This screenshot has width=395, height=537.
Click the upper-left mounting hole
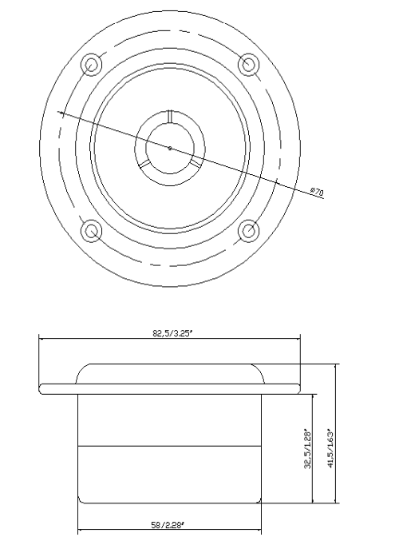pos(92,64)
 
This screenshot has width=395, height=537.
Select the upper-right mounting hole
pos(248,64)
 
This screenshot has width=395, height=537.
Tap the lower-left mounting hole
pos(92,232)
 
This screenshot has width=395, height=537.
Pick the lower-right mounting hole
pos(248,232)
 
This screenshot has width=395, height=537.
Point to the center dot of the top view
pos(170,148)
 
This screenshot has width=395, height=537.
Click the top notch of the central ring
pos(170,117)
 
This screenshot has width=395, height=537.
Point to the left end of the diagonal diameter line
pos(59,113)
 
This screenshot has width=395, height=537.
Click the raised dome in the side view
pos(170,374)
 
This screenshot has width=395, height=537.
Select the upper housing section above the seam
pos(170,419)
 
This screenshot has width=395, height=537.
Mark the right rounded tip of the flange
pos(299,388)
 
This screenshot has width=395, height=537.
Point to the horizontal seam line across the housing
pos(170,444)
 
